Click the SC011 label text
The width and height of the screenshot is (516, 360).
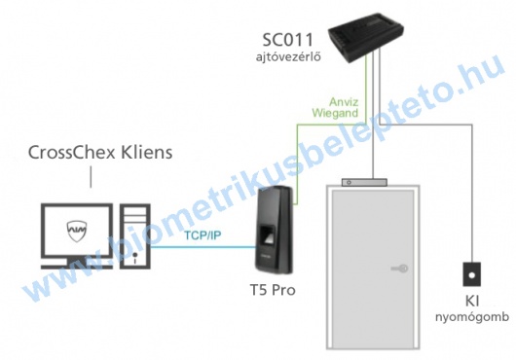293,41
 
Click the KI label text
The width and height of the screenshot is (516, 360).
472,301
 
